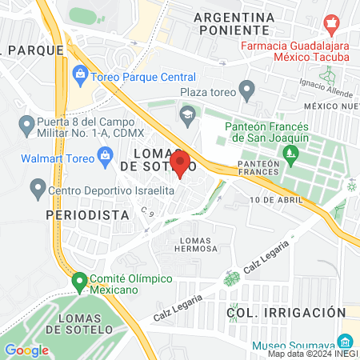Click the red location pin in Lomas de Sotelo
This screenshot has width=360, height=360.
tap(180, 163)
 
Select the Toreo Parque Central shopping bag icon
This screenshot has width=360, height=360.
tap(80, 77)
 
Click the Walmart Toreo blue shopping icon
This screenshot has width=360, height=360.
tap(104, 154)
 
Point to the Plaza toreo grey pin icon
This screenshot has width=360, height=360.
tap(247, 90)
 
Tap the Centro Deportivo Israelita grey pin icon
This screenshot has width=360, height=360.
tap(37, 190)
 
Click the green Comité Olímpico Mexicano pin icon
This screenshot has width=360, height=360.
tap(79, 282)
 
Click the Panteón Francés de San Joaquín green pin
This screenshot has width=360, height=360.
tap(293, 152)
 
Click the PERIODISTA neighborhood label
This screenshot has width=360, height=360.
tap(88, 216)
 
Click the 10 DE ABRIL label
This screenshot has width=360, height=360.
tap(276, 199)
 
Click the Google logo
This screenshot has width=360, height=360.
tap(26, 350)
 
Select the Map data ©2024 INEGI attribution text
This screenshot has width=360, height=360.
tap(312, 354)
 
